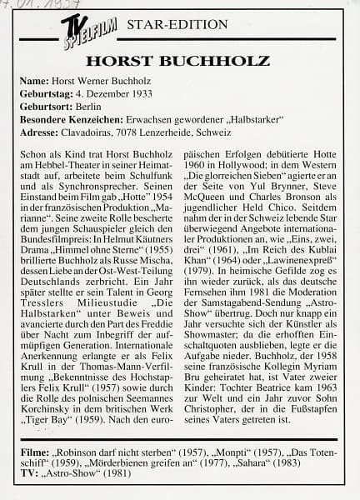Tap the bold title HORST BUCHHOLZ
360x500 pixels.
177,62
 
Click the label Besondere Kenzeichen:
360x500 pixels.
74,119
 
